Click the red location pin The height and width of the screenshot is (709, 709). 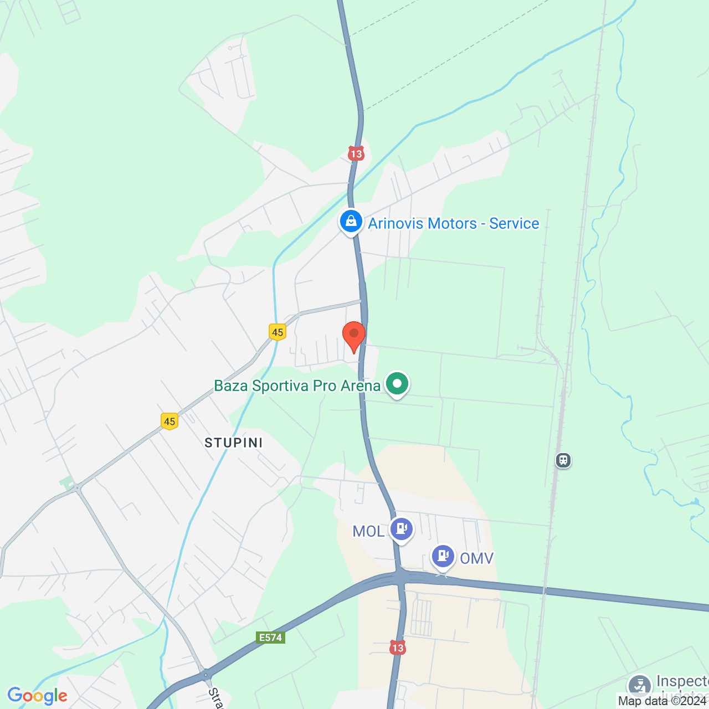[353, 335]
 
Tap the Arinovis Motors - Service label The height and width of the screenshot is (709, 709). [453, 223]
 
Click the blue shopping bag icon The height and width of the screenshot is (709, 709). [351, 222]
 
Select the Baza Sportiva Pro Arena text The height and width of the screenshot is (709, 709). [297, 386]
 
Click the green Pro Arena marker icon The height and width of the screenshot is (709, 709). [397, 383]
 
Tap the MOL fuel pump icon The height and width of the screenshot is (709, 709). [402, 529]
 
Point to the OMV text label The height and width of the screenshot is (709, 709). [476, 558]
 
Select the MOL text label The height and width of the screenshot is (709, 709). [368, 532]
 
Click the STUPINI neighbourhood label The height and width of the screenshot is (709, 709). [233, 443]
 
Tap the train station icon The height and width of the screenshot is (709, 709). [563, 460]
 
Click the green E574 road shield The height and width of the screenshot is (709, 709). [271, 638]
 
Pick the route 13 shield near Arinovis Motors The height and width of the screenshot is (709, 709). [356, 154]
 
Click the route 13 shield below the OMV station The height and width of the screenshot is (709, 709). [397, 648]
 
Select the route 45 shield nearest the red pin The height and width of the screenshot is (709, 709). [278, 332]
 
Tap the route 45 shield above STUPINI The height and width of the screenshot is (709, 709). [169, 422]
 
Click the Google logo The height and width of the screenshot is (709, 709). [37, 696]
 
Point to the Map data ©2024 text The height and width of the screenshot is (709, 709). [662, 701]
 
